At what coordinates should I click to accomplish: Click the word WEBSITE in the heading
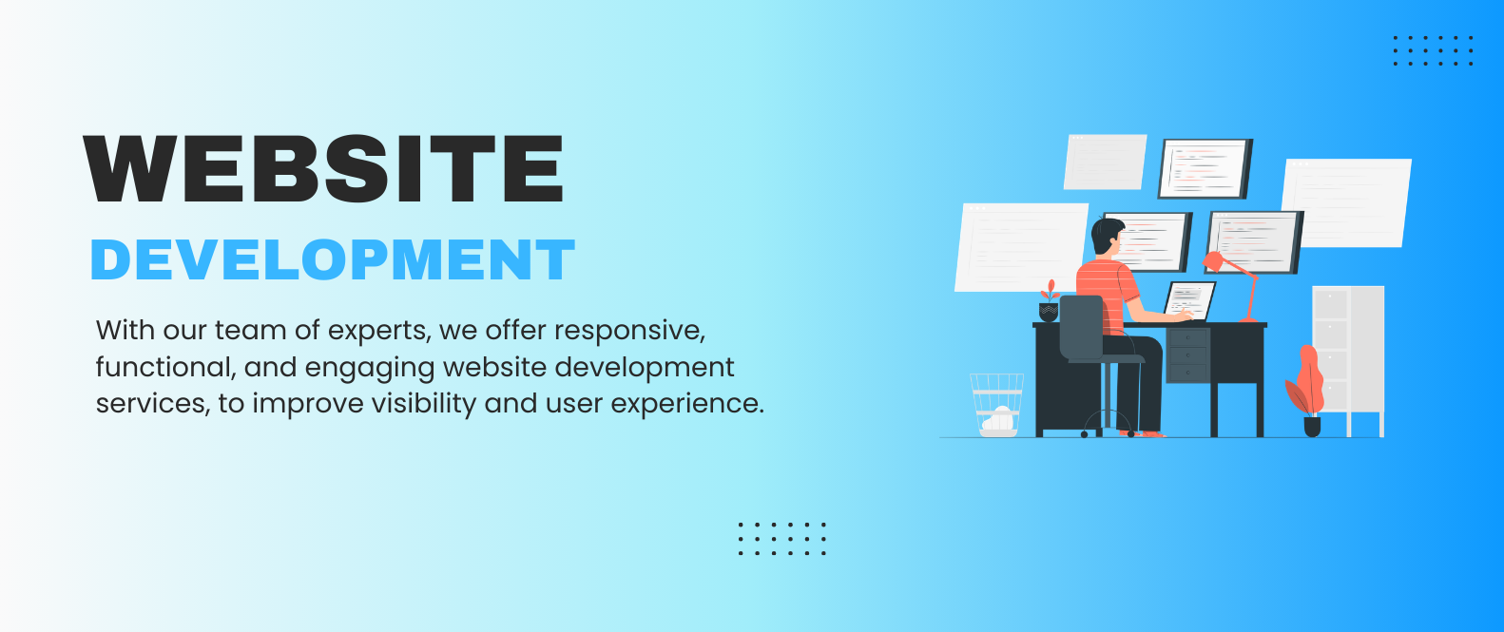323,168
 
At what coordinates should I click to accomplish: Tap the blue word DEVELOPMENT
333,259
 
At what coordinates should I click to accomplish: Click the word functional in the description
165,367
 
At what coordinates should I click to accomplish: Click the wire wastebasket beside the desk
997,405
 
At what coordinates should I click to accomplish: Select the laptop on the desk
1189,300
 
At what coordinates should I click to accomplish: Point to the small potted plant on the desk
1049,301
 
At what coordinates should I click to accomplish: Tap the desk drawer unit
1187,355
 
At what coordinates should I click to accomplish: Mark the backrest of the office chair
1081,328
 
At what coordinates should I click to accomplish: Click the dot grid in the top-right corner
1433,51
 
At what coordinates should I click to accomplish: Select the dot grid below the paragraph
782,539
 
